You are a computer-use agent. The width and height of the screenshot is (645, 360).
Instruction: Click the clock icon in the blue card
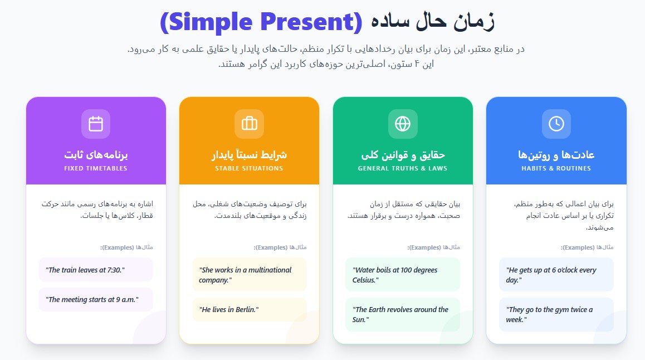pyautogui.click(x=556, y=124)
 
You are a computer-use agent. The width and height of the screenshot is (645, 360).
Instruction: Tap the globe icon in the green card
pyautogui.click(x=403, y=124)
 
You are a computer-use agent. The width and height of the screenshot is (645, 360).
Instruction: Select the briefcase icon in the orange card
pyautogui.click(x=249, y=124)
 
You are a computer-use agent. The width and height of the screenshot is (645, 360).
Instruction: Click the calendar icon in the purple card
pyautogui.click(x=96, y=124)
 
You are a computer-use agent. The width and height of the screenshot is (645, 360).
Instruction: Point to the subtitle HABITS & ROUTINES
pyautogui.click(x=556, y=168)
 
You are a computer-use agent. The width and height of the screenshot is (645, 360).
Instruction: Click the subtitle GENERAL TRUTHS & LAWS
pyautogui.click(x=403, y=168)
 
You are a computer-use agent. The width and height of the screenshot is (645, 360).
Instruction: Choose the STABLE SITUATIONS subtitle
pyautogui.click(x=249, y=168)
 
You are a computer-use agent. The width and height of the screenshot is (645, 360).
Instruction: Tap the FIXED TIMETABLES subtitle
pyautogui.click(x=96, y=168)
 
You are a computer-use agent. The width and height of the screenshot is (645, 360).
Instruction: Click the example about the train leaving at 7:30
pyautogui.click(x=86, y=270)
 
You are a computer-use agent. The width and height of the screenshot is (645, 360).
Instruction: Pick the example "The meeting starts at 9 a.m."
pyautogui.click(x=93, y=300)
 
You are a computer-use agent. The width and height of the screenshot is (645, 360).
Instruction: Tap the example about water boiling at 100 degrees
pyautogui.click(x=395, y=275)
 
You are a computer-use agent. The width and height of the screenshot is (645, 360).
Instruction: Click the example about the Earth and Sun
pyautogui.click(x=401, y=315)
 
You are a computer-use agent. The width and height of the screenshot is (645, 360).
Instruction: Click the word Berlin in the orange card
pyautogui.click(x=245, y=310)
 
